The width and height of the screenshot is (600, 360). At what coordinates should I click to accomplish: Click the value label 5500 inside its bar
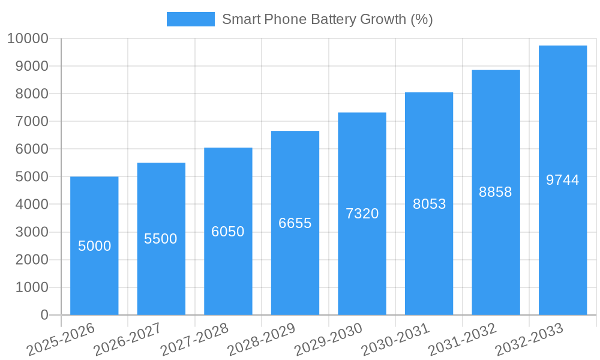click(x=161, y=239)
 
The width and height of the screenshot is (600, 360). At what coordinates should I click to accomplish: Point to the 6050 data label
click(x=228, y=232)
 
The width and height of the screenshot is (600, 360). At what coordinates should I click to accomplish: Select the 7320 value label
click(x=362, y=214)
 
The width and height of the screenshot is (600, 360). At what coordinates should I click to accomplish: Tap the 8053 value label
click(x=429, y=204)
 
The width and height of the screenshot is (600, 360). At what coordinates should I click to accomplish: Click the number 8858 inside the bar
click(x=496, y=192)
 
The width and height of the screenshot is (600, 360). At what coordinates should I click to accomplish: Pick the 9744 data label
click(x=562, y=180)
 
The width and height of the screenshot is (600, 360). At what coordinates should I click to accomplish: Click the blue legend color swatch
click(x=190, y=19)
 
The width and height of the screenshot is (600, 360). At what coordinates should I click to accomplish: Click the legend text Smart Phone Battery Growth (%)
click(x=327, y=19)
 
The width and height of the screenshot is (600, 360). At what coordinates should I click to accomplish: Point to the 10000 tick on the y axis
click(x=28, y=39)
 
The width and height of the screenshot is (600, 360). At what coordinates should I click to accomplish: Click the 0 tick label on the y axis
click(x=44, y=315)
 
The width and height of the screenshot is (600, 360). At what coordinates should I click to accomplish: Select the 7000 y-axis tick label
click(x=31, y=122)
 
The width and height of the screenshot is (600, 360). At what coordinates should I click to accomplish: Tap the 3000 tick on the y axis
click(x=31, y=232)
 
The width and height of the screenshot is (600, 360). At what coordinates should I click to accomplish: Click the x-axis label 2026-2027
click(x=127, y=339)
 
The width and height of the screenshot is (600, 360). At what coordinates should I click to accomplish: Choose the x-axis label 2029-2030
click(x=328, y=339)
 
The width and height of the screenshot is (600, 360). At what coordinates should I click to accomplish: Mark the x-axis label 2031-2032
click(x=462, y=339)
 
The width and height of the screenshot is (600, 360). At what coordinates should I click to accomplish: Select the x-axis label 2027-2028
click(x=194, y=339)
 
